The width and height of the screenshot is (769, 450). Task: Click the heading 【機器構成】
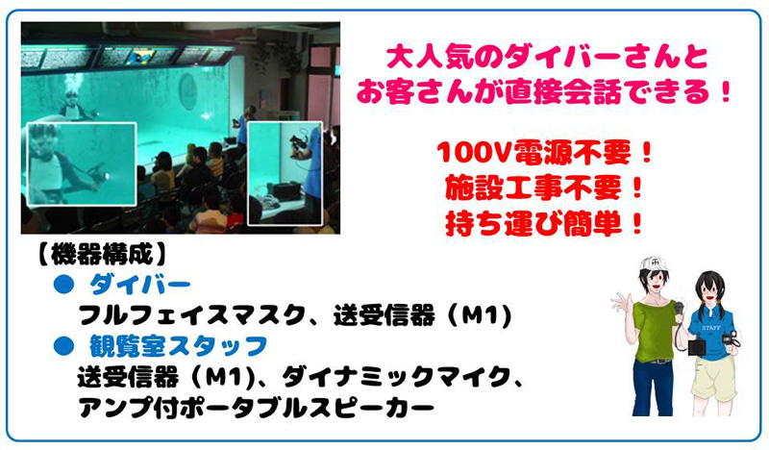click(102, 254)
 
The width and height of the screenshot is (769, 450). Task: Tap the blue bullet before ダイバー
click(63, 286)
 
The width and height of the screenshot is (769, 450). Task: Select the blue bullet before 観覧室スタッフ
click(63, 346)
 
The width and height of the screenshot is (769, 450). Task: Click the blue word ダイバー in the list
click(139, 286)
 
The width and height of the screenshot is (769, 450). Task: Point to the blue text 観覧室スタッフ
click(178, 346)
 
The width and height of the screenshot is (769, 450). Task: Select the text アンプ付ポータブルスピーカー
click(256, 408)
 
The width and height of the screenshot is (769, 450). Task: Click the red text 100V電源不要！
click(544, 153)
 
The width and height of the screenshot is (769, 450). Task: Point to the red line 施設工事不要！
click(544, 187)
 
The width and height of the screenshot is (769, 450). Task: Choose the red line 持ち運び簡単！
click(544, 224)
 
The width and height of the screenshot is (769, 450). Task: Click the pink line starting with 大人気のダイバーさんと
click(547, 58)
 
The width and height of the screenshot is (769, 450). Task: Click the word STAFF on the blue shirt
click(711, 327)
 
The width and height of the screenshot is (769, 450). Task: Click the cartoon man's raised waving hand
click(619, 301)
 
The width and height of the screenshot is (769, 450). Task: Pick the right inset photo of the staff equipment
click(285, 174)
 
